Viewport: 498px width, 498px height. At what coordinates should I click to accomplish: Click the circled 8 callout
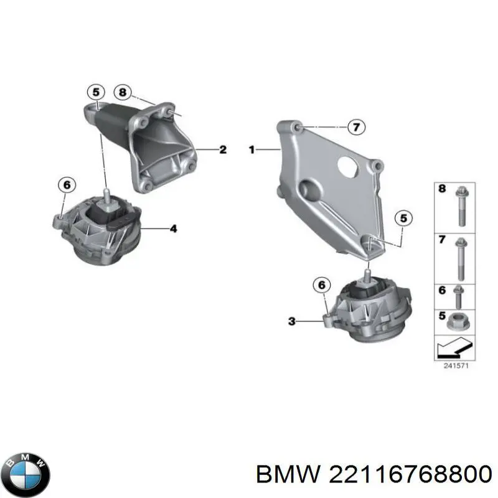[122, 93]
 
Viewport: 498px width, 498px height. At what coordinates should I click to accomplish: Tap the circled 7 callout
[354, 128]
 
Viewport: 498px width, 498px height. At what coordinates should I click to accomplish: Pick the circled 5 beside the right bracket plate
[402, 218]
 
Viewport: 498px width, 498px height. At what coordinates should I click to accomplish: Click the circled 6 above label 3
[321, 285]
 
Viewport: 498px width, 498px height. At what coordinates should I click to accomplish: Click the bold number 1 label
[252, 149]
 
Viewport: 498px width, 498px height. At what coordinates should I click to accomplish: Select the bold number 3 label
[291, 321]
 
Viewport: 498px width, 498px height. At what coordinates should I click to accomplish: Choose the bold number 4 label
[174, 229]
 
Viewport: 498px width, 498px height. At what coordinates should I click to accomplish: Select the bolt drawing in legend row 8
[460, 205]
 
